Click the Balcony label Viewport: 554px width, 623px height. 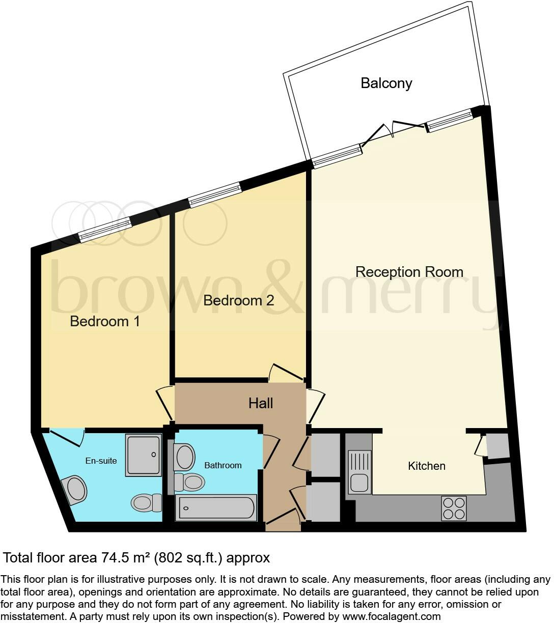[x=386, y=83]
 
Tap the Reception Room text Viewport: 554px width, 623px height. [x=409, y=272]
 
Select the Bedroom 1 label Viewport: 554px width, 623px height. [x=105, y=321]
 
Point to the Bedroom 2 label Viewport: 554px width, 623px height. [x=238, y=300]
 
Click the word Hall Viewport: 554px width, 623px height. [x=261, y=403]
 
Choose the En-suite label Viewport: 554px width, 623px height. [x=101, y=461]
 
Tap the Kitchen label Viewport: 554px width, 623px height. [x=427, y=466]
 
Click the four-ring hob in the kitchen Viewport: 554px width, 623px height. [x=454, y=507]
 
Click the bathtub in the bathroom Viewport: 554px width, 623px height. [x=216, y=508]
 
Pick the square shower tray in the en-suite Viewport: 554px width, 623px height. [x=144, y=455]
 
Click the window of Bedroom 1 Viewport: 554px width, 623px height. [x=105, y=229]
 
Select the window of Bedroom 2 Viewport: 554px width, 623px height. [x=215, y=195]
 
